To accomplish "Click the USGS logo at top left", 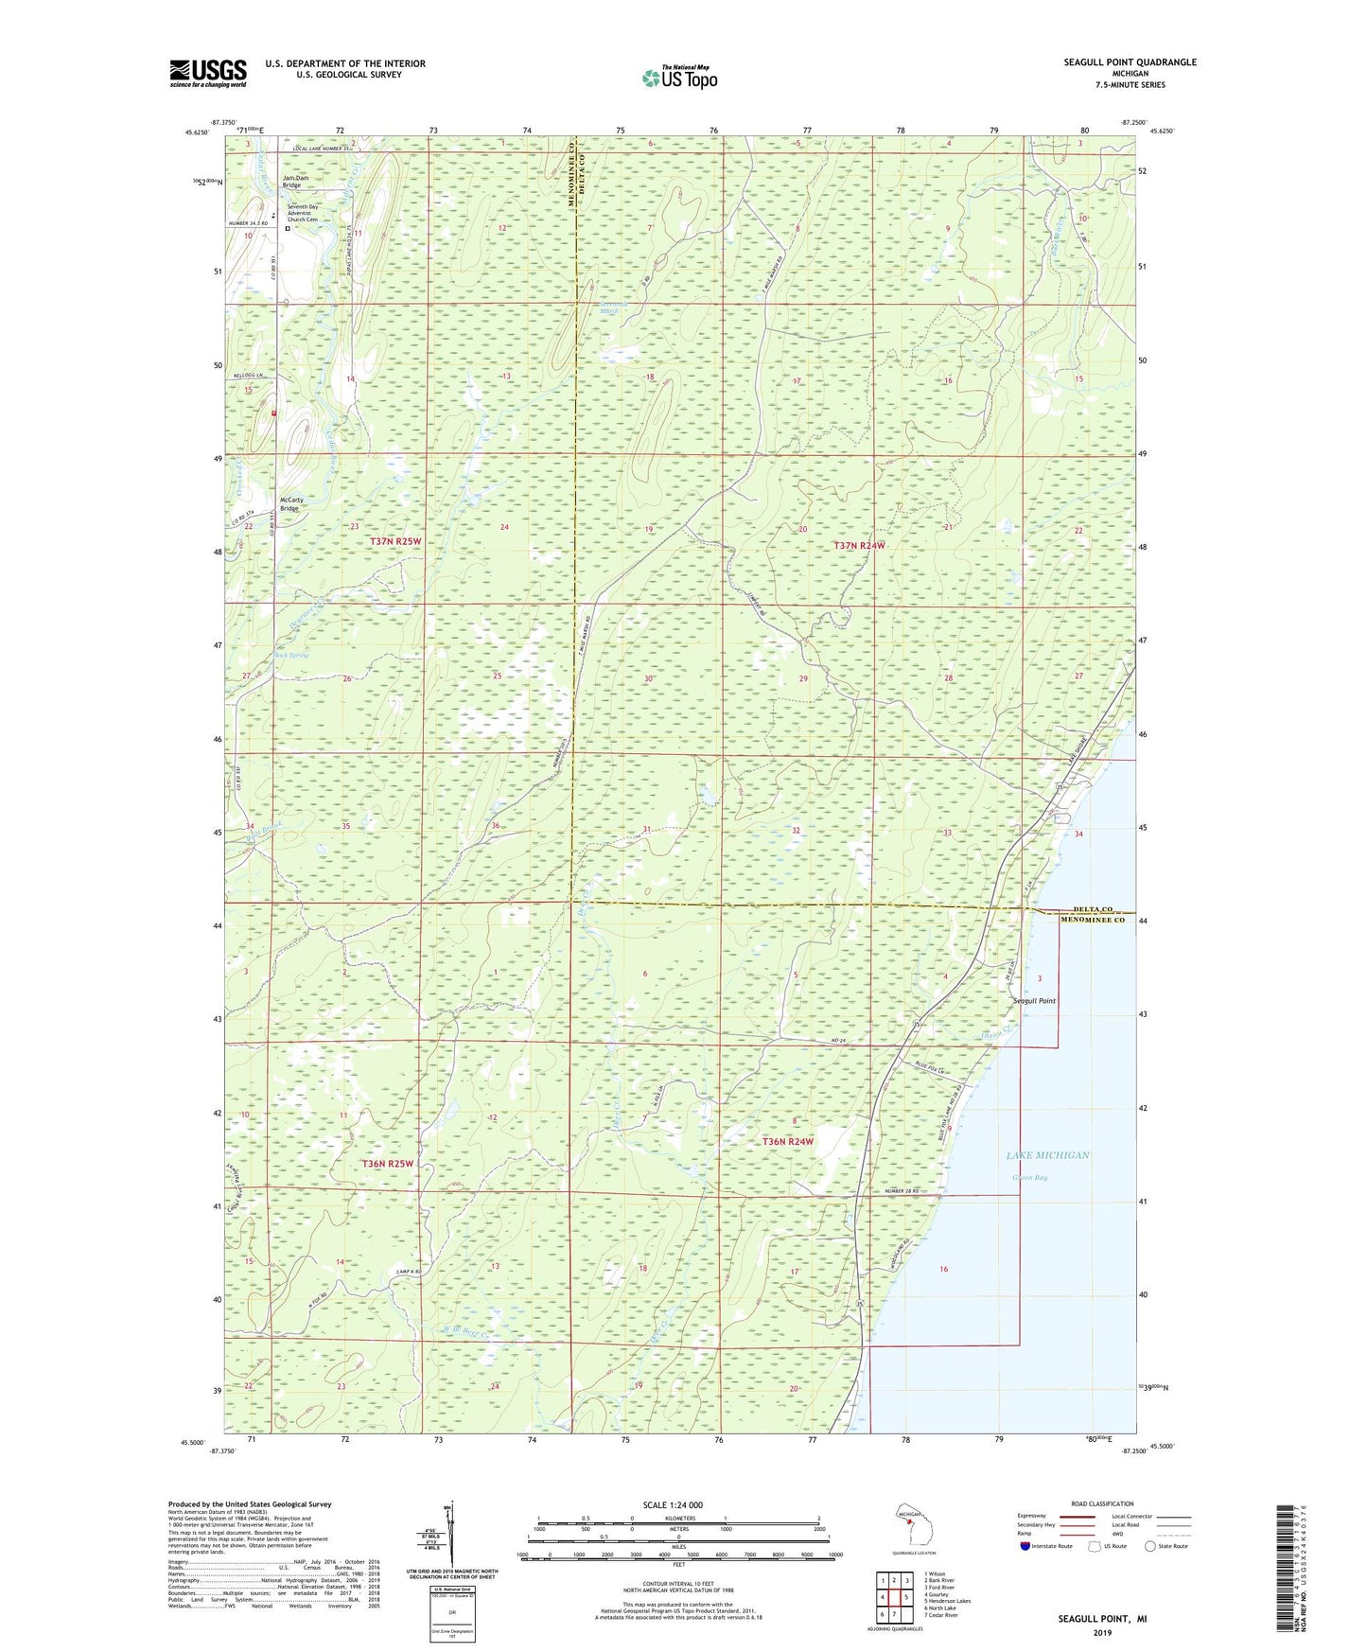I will point(208,73).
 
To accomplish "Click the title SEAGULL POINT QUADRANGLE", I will point(1130,62).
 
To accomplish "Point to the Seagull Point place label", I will point(1034,1000).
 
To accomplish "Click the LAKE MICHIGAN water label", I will point(1047,1155).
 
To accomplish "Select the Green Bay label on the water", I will point(1029,1178).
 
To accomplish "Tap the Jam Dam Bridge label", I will point(295,182).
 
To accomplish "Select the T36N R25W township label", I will point(388,1163).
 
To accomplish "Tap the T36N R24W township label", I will point(788,1142).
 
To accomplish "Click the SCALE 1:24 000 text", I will point(673,1504).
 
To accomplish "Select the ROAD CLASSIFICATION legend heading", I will point(1102,1503).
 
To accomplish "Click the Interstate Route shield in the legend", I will point(1026,1546).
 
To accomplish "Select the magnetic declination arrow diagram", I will point(449,1536).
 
